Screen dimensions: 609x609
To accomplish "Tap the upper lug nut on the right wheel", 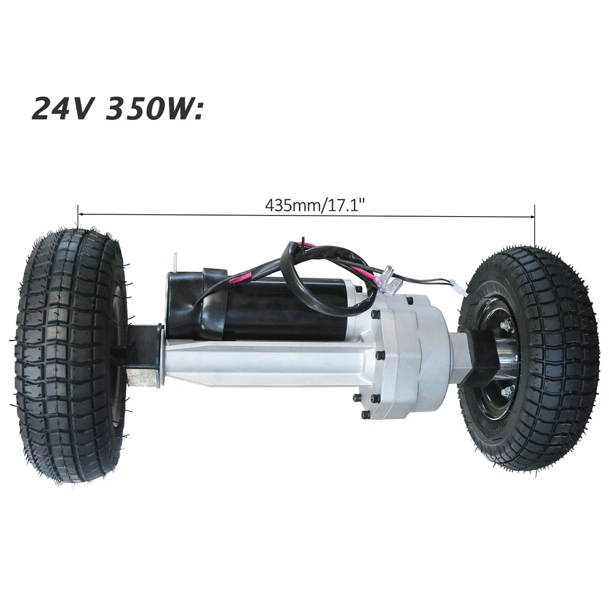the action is [x=505, y=323].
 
